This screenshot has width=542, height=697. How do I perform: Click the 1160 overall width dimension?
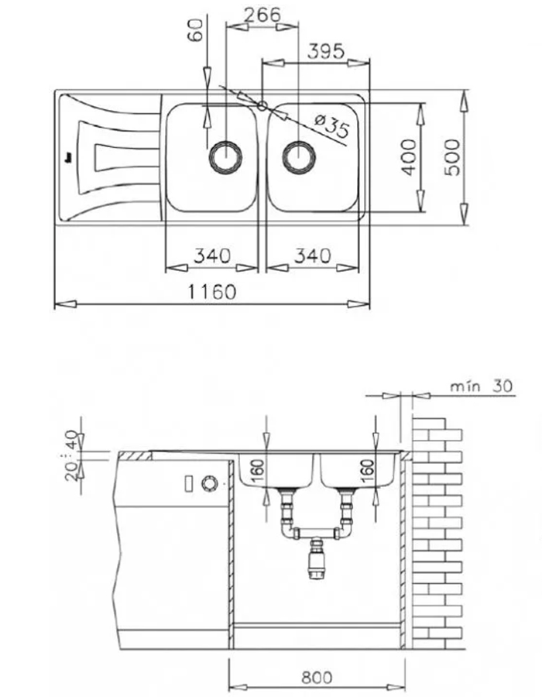(210, 292)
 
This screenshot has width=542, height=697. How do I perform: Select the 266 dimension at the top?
(261, 15)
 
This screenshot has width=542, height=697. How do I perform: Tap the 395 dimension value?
(325, 52)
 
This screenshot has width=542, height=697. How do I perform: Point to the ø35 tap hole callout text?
(332, 124)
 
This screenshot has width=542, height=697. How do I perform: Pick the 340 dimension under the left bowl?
(211, 255)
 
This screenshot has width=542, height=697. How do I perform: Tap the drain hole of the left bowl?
(225, 156)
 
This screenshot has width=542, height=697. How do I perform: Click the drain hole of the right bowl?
(298, 156)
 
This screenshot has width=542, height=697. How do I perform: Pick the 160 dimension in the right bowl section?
(368, 469)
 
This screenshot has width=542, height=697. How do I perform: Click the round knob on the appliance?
(208, 483)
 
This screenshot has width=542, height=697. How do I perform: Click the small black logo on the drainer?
(69, 155)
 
